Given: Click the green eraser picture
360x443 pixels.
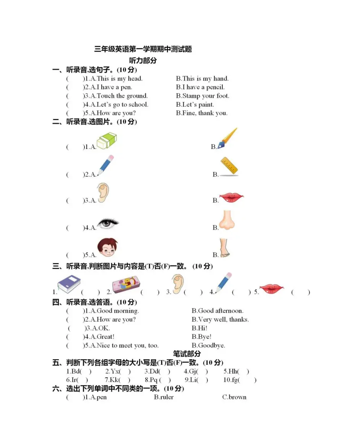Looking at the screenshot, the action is pos(106,141).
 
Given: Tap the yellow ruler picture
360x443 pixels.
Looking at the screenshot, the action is pos(229,167).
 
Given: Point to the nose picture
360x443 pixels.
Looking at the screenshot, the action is pos(227,221).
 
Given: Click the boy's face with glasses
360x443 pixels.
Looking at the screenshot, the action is pos(107,247).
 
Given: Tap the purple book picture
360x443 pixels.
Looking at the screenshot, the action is pos(69,284).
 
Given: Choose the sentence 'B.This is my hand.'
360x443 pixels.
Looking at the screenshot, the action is pos(202,79).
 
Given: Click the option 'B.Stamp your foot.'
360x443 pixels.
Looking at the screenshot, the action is pos(203,96).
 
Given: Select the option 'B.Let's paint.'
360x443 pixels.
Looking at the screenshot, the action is pos(195,105).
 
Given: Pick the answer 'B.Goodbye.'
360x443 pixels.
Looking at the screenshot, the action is pos(208,346).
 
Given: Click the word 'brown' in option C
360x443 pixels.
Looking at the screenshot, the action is pos(237,397).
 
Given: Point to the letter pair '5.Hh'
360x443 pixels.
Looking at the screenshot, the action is pos(231,371).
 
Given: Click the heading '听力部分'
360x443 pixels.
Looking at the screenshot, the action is pos(143,60).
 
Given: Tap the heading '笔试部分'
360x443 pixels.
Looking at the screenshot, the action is pos(186,354).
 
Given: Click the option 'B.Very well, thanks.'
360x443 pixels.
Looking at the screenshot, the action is pos(220,320).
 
